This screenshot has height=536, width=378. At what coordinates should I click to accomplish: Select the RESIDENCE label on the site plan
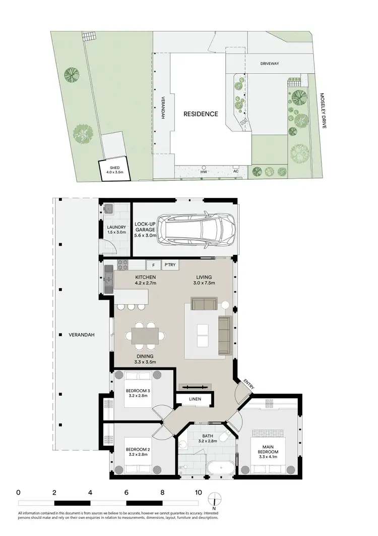coord(201,114)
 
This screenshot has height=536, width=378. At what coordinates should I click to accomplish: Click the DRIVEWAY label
coord(269,64)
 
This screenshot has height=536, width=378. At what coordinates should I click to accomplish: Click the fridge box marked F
coord(153,264)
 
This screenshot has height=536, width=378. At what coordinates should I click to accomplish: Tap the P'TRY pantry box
coord(169,264)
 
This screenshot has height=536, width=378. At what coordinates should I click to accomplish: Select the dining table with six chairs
coord(145,335)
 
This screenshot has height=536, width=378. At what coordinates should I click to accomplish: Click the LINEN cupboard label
coord(195,399)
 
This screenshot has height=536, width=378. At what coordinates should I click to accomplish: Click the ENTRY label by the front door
coord(249,383)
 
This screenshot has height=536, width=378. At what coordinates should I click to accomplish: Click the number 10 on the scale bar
coord(199,493)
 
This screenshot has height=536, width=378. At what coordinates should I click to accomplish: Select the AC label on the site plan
coord(235,171)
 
